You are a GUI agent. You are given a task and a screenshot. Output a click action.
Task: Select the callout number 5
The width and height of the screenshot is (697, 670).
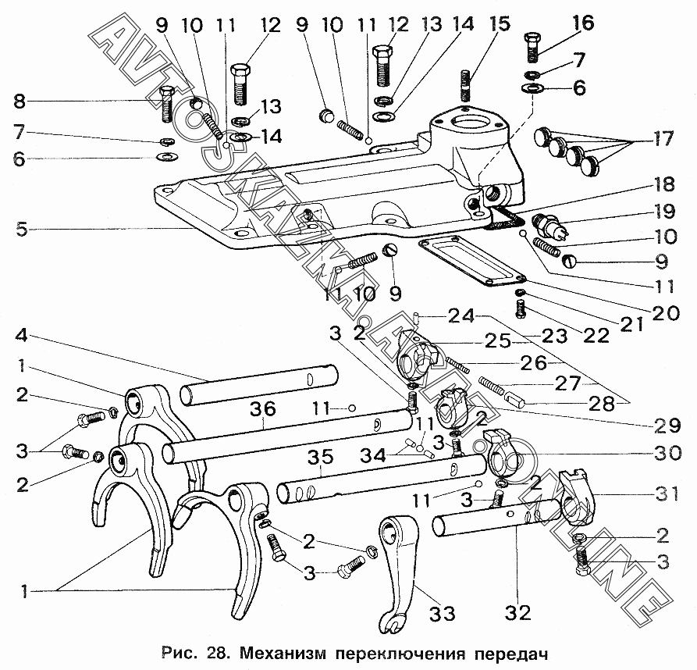tap(22, 230)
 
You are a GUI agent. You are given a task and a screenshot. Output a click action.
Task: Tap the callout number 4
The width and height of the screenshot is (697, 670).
tap(22, 337)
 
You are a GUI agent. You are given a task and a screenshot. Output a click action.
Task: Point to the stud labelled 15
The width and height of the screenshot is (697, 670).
tap(465, 84)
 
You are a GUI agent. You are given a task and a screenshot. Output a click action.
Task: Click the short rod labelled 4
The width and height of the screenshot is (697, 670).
tap(258, 384)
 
